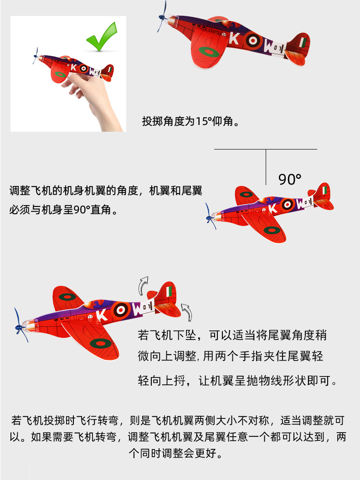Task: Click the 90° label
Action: [x=290, y=180]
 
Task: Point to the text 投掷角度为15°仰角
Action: [x=190, y=121]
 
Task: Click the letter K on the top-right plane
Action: [x=233, y=39]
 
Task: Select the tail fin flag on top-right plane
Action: [x=303, y=42]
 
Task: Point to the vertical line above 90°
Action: [x=266, y=166]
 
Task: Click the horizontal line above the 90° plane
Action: [x=265, y=149]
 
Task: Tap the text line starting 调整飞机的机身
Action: [x=106, y=191]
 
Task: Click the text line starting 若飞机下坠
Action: [x=232, y=335]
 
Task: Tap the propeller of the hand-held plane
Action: [x=36, y=57]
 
